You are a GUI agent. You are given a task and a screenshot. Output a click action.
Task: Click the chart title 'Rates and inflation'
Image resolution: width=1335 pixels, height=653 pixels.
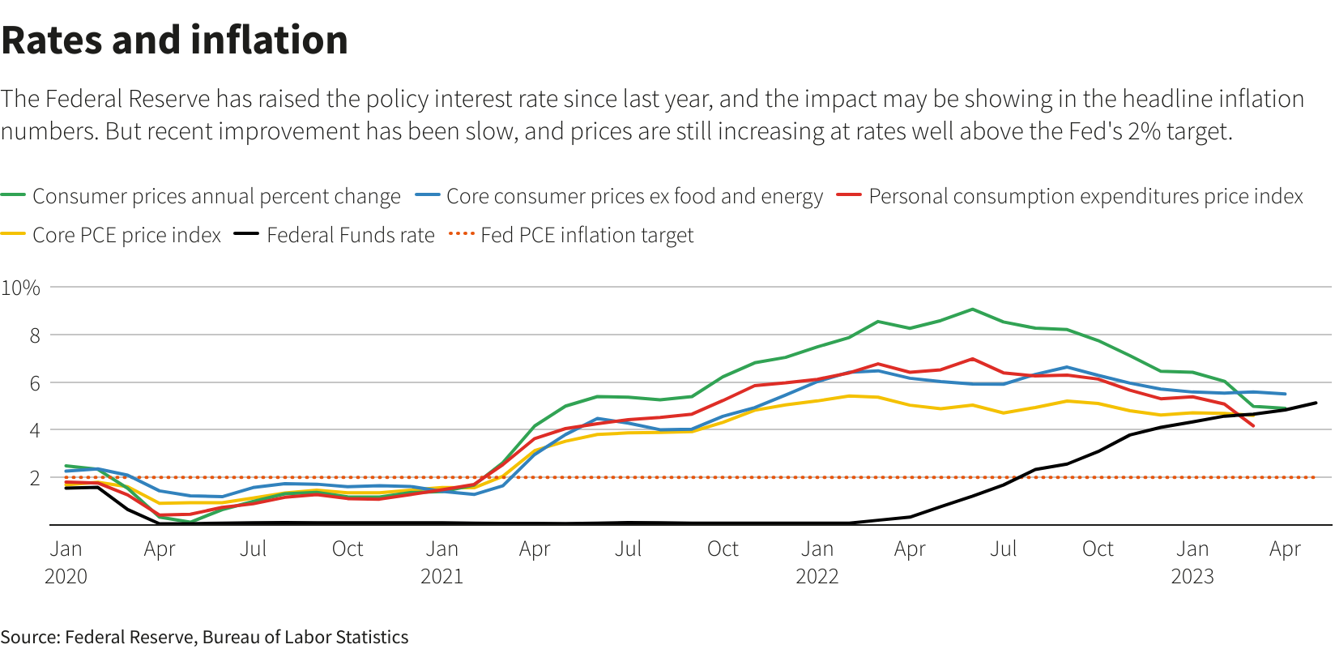(174, 40)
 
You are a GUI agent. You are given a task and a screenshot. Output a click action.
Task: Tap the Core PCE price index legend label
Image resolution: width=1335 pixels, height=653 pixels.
(126, 235)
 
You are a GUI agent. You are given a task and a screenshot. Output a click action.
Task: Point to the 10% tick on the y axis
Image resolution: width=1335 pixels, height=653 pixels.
(21, 288)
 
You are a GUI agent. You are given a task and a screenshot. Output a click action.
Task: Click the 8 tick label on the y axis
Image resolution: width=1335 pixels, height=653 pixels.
(34, 335)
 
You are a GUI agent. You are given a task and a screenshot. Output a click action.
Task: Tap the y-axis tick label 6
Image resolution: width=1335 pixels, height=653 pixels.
(34, 383)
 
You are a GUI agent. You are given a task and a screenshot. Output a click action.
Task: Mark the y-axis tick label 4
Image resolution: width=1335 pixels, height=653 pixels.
(34, 430)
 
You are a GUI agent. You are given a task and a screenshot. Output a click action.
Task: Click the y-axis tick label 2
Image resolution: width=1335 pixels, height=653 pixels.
(34, 478)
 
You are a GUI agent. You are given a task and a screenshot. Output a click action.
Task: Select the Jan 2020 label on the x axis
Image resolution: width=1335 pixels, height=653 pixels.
(66, 562)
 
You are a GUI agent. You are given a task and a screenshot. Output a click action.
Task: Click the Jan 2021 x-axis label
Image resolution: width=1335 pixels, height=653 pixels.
(441, 562)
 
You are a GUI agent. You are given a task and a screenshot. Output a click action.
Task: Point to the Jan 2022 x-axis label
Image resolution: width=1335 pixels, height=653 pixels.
(817, 562)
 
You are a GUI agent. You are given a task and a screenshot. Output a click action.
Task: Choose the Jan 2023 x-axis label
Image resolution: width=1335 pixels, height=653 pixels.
(1192, 562)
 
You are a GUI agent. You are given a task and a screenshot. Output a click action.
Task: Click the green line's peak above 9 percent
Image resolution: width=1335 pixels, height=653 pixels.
(972, 309)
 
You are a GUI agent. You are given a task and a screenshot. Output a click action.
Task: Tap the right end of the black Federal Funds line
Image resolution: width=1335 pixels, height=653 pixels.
(1316, 403)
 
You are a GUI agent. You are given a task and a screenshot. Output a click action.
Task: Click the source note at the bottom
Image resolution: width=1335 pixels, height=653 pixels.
(204, 637)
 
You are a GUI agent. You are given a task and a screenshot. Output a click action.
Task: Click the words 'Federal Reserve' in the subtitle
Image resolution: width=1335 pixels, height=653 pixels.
(127, 99)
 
